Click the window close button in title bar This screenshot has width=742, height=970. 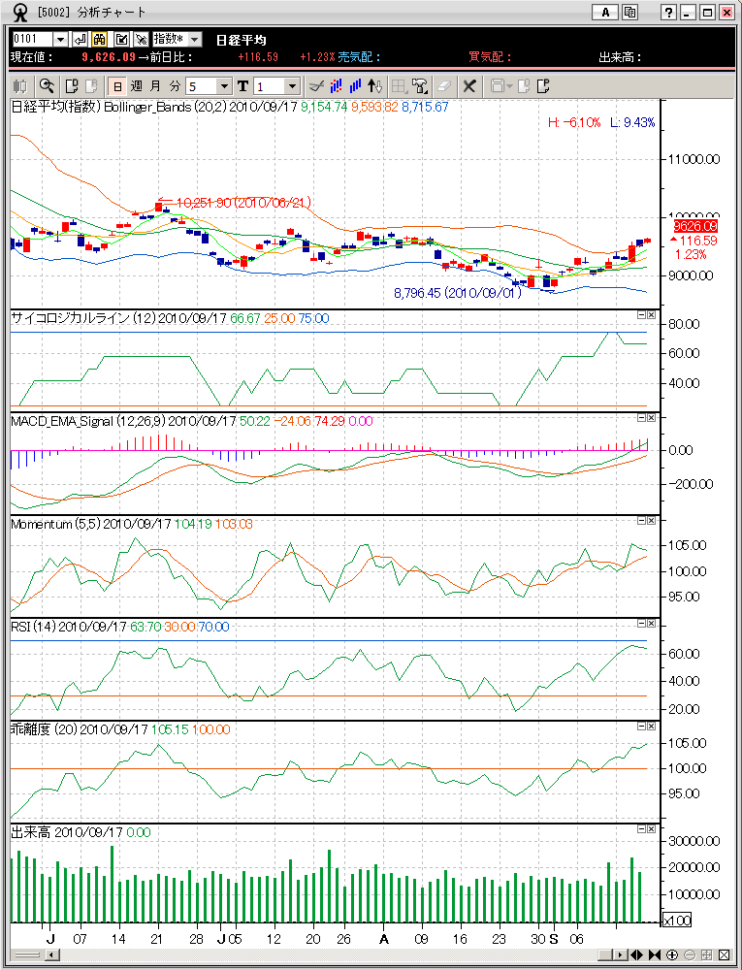tap(726, 13)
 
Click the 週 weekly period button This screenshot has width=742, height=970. tap(136, 85)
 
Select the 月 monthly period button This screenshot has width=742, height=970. tap(155, 85)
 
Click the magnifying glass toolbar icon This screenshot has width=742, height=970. tap(46, 85)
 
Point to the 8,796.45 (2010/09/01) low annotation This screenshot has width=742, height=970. tap(457, 292)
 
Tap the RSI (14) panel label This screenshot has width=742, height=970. tap(33, 627)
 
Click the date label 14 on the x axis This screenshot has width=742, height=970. tap(118, 940)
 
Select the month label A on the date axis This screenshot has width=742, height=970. tap(384, 940)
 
